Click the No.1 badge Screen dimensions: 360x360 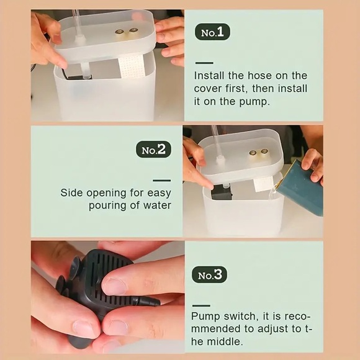coord(212,32)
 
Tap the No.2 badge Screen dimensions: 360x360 coord(153,149)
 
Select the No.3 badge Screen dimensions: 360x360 coord(209,274)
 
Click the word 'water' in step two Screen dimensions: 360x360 coord(157,205)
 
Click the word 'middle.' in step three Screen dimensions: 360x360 coord(225,341)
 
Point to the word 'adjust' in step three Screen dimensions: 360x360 coord(272,329)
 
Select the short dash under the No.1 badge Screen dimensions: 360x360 coord(204,63)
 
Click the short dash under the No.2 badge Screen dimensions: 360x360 coord(162,181)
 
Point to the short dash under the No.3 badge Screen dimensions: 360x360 coord(201,305)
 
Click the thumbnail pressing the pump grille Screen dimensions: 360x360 coord(114,286)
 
